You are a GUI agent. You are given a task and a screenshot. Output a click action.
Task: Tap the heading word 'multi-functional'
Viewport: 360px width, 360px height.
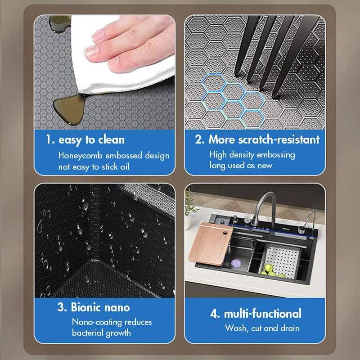click(x=263, y=313)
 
